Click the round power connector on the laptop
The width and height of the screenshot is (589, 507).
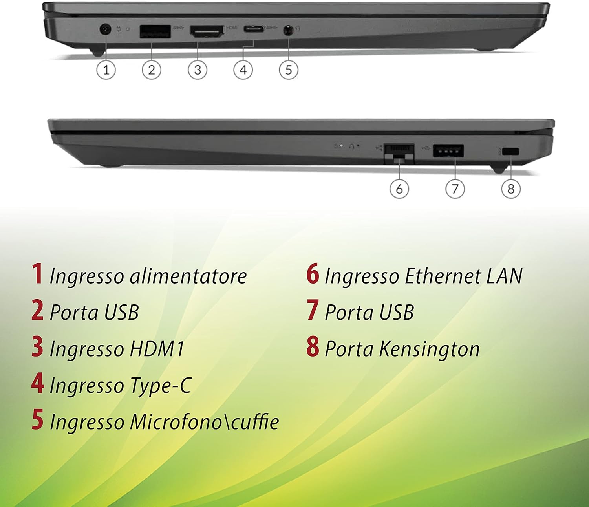104,29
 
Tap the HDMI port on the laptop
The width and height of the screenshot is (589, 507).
207,31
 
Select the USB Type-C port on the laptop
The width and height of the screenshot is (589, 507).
254,29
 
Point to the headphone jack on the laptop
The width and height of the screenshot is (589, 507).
289,30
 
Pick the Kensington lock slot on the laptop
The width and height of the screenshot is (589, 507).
510,152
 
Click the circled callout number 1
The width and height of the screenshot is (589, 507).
106,70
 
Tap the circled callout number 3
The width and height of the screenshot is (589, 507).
198,70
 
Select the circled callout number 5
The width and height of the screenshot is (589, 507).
289,70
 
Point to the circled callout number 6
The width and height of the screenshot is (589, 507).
399,189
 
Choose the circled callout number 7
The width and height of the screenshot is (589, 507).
455,189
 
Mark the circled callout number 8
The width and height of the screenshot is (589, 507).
511,189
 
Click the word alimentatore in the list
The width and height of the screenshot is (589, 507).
188,276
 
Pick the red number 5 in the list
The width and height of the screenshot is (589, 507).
37,420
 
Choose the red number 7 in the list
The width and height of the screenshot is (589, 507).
313,310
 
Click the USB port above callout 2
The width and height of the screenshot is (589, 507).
155,31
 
